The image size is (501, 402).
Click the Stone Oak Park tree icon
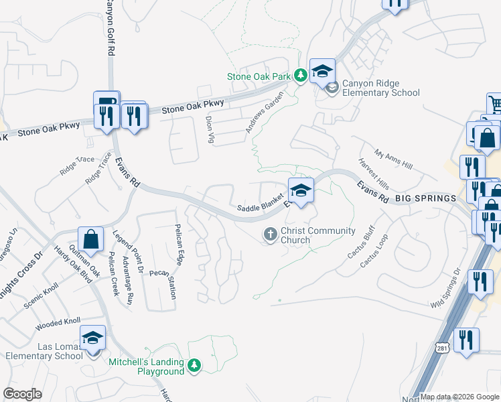pos(301,76)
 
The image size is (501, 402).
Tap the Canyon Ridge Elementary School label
pos(381,88)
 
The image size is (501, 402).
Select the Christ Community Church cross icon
pos(270,234)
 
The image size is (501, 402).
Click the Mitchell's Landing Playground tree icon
pos(194,366)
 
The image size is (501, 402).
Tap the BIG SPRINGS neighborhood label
pos(426,199)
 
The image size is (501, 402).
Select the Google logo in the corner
pos(22,394)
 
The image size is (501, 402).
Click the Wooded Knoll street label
pos(58,324)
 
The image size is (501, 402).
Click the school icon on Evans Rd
pos(301,190)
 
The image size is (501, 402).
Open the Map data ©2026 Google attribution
pos(459,397)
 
